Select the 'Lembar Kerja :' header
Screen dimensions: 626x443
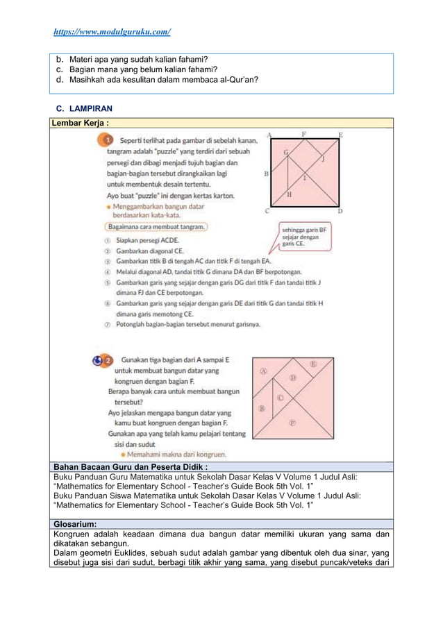[79, 123]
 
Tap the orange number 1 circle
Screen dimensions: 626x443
[109, 140]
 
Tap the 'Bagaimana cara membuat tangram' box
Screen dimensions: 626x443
[156, 226]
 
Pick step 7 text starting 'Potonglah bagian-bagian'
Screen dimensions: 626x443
[187, 324]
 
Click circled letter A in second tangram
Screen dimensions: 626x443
[263, 371]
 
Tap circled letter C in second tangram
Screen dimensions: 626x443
[281, 398]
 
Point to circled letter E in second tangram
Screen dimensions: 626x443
[313, 364]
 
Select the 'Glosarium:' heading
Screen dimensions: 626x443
[76, 525]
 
